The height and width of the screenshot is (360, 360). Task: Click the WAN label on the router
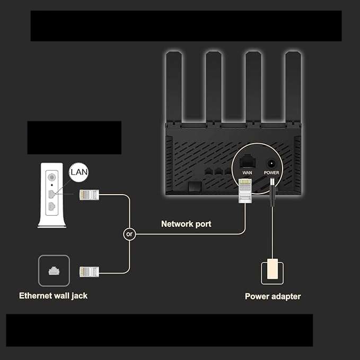tap(247, 172)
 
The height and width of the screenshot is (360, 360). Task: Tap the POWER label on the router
tap(271, 172)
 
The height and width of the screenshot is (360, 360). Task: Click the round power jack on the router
tap(271, 164)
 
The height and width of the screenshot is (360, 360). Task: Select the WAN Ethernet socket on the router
tap(247, 162)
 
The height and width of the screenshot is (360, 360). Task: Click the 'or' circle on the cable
tap(129, 234)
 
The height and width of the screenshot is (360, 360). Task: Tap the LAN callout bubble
tap(79, 172)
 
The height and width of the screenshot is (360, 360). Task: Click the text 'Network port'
tap(186, 224)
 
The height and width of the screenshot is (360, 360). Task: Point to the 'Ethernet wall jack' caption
tap(53, 296)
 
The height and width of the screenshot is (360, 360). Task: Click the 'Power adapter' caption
tap(273, 296)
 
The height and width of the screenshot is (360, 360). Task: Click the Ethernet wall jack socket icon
tap(54, 271)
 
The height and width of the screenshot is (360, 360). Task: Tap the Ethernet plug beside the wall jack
tap(89, 272)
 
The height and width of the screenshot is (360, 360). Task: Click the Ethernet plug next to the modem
tap(89, 195)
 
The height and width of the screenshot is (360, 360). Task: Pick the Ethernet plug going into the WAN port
tap(245, 191)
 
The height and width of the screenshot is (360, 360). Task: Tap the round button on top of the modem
tap(52, 177)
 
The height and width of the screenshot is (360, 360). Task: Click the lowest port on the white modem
tap(52, 206)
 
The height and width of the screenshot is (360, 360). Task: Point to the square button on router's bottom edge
tap(195, 186)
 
